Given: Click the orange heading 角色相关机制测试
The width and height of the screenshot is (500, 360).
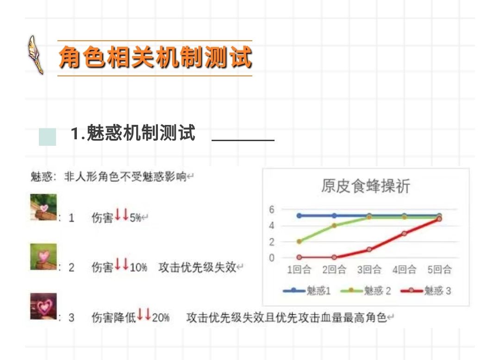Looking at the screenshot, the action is tap(155, 57).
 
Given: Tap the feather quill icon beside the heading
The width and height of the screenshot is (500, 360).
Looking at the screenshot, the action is tap(35, 55).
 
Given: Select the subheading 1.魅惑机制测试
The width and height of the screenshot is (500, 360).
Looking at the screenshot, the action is tap(133, 132).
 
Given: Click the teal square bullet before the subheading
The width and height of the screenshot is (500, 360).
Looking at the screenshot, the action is tap(48, 137).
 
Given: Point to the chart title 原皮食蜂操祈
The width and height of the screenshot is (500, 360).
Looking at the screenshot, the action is tap(365, 186).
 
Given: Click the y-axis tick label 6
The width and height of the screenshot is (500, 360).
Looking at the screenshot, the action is tap(271, 209).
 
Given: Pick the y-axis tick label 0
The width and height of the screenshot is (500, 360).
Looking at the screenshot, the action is tap(271, 257).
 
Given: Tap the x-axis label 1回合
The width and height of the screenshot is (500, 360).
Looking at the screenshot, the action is tap(299, 269).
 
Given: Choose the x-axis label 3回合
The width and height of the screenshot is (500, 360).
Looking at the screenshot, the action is tap(369, 269).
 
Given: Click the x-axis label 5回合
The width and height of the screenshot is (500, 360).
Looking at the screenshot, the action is tap(439, 269).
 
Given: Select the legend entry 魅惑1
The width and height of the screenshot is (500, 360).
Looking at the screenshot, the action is tap(307, 291).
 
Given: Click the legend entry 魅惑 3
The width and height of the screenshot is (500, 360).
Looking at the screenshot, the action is tap(426, 291).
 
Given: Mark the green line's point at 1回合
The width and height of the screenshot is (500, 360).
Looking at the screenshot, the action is tap(299, 242).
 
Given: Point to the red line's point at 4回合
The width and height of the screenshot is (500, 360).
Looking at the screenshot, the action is tap(404, 233).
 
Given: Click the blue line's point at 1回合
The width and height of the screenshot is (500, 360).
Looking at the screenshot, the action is tap(299, 216).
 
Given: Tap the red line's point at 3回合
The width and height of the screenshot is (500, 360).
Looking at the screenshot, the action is tap(369, 249).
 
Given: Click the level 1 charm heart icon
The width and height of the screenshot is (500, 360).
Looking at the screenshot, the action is tap(44, 207).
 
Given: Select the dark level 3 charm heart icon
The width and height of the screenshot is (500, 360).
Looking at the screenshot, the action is tap(44, 306).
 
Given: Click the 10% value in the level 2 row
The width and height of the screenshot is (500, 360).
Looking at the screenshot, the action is tap(138, 267).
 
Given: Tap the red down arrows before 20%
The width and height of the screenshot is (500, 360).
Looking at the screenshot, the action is tap(144, 314).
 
